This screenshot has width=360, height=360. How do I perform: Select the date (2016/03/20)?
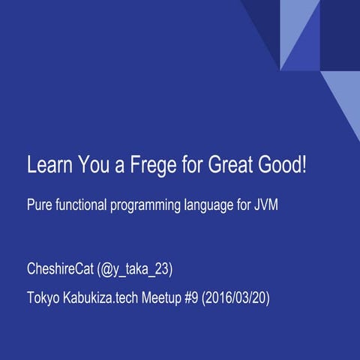pos(238,297)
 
